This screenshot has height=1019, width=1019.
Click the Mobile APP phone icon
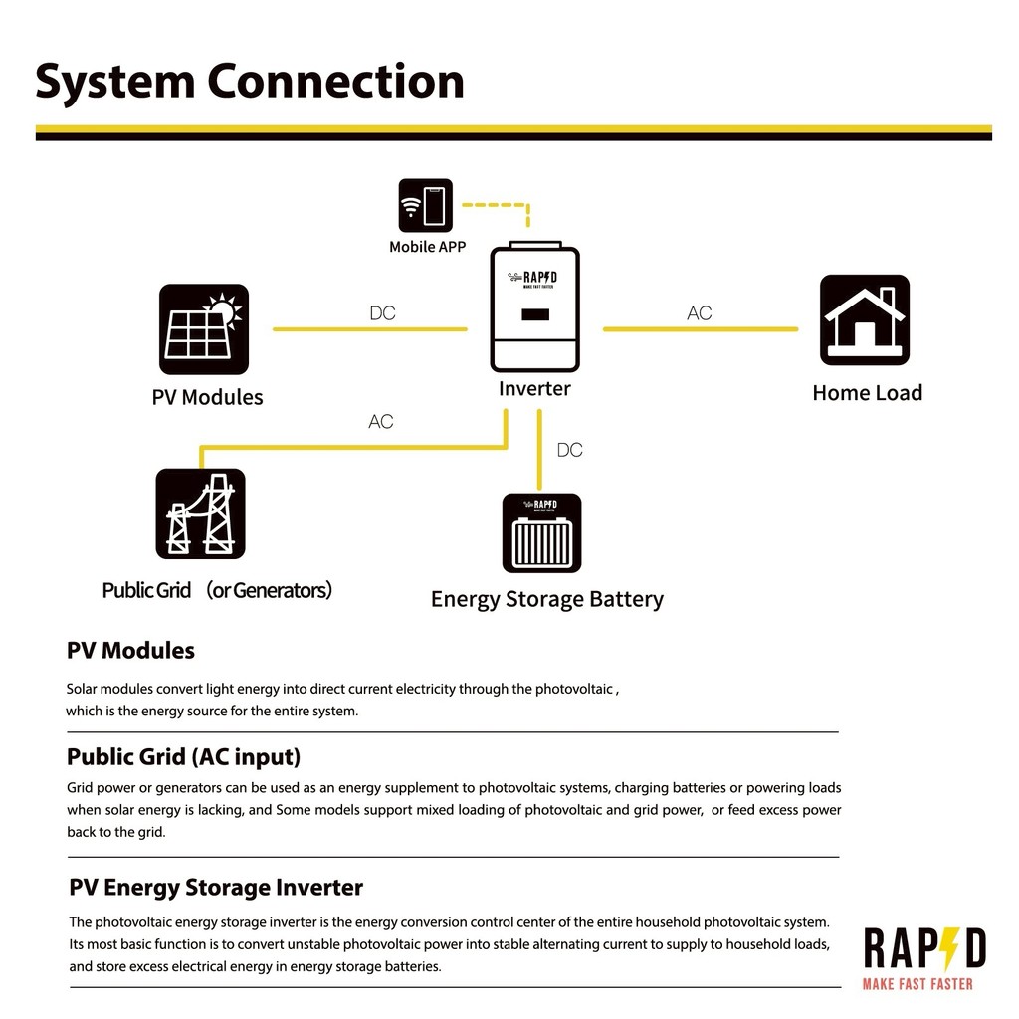[425, 205]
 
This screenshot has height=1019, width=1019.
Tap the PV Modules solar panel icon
[204, 328]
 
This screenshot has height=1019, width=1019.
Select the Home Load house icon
[865, 319]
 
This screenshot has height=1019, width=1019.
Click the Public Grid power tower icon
[201, 513]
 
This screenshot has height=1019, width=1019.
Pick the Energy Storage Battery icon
[542, 533]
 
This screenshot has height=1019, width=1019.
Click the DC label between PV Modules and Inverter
[383, 313]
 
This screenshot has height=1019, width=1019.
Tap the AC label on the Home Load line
[700, 313]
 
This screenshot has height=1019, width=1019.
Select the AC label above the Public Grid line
[381, 422]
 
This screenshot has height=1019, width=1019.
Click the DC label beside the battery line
[570, 450]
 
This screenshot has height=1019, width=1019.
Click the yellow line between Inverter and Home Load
[701, 329]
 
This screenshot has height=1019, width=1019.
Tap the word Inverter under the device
[534, 389]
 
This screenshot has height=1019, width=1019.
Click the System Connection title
[250, 82]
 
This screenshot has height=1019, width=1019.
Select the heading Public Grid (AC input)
[184, 757]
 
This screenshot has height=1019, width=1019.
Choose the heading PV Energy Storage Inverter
[216, 888]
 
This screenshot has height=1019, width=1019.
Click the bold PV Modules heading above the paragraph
[130, 651]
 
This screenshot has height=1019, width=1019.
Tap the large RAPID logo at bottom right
[924, 948]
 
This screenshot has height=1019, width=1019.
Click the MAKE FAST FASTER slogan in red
[917, 984]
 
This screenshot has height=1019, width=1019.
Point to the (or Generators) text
[269, 590]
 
